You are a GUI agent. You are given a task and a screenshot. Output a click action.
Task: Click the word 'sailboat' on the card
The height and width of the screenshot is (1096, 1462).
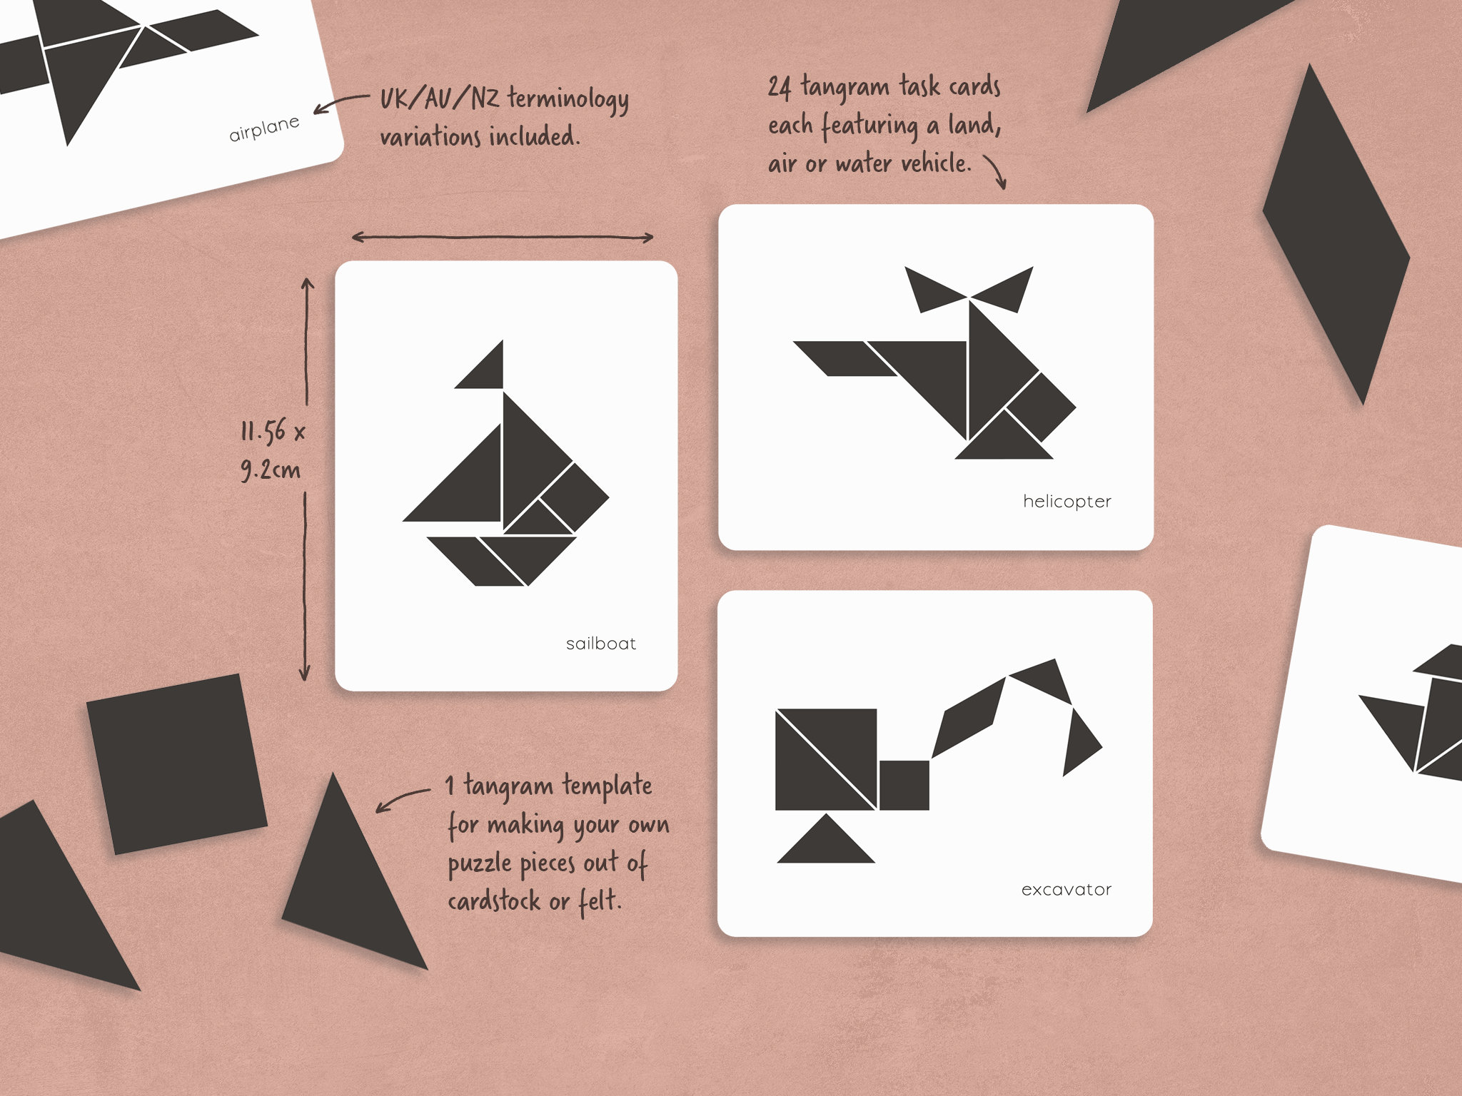(600, 644)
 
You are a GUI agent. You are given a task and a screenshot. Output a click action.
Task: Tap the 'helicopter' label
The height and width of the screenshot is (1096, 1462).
(1067, 502)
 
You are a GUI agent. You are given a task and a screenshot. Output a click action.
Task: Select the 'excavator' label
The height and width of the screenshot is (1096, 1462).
(1066, 890)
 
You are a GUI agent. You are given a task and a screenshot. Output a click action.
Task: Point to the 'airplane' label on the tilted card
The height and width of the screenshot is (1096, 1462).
(264, 129)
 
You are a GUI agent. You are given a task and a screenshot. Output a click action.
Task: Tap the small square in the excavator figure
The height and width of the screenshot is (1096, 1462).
(904, 785)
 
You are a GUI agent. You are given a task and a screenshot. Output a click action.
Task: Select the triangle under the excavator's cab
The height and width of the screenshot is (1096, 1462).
(826, 844)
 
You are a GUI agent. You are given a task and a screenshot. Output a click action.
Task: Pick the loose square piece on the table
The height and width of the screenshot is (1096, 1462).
(176, 763)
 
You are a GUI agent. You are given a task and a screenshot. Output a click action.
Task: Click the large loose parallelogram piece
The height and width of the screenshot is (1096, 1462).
(1335, 235)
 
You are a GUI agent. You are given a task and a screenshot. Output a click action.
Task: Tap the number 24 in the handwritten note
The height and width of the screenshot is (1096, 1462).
(780, 88)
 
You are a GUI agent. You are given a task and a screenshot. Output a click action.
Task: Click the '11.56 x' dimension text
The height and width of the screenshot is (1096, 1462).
(273, 432)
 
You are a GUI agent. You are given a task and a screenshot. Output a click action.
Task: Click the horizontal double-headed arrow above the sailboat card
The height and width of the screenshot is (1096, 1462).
(503, 237)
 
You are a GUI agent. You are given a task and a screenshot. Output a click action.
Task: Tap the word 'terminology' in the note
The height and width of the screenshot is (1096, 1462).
(568, 100)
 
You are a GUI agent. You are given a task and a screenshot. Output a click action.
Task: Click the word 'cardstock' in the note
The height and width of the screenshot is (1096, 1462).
(494, 902)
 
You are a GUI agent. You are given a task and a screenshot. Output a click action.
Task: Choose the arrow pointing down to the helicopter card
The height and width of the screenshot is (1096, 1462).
(996, 171)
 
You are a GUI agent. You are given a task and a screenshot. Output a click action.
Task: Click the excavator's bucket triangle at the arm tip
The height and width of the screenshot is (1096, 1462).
(1079, 742)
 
